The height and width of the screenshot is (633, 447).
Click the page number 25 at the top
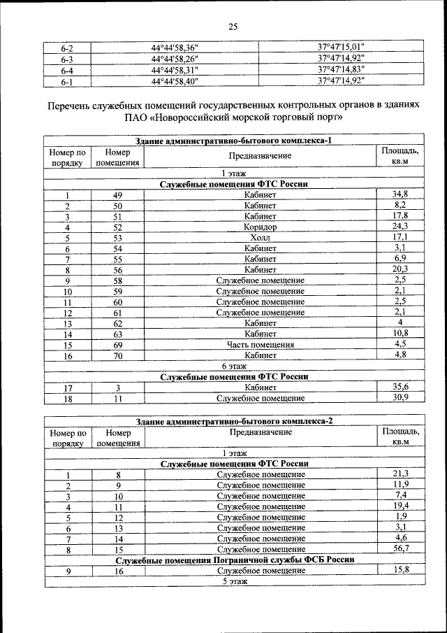pos(233,27)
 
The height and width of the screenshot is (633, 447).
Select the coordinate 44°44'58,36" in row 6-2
pos(175,48)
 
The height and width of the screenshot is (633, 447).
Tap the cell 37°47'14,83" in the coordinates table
pos(342,70)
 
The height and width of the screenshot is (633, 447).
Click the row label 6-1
pos(68,81)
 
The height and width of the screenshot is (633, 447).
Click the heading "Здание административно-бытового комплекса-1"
pos(233,141)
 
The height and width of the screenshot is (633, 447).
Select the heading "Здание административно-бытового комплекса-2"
pos(233,421)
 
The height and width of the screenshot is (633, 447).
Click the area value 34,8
pos(400,194)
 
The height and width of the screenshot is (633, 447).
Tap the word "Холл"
pos(261,238)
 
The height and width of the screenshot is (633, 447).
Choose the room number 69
pos(118,345)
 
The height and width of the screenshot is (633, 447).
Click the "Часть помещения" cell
pos(261,345)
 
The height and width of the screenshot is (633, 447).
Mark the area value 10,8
pos(400,333)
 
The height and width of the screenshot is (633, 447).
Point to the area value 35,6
pos(400,386)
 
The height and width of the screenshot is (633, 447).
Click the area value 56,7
pos(400,548)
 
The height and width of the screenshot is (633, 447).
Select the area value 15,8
pos(400,571)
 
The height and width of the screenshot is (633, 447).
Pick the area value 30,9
pos(400,397)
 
